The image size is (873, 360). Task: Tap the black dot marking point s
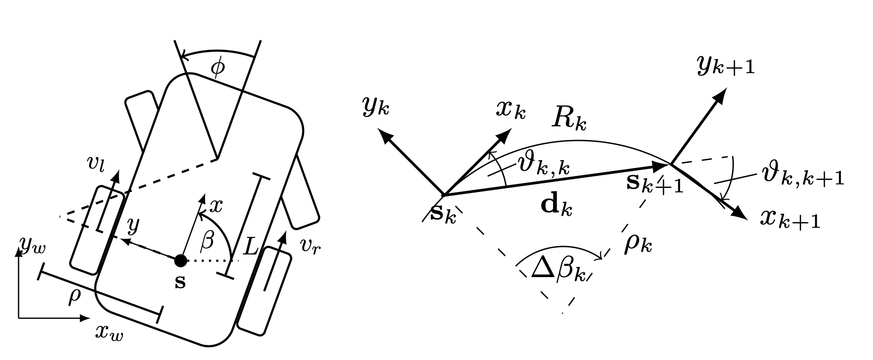pyautogui.click(x=180, y=261)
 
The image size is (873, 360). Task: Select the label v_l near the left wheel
pyautogui.click(x=97, y=164)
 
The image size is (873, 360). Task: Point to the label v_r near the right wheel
pyautogui.click(x=310, y=245)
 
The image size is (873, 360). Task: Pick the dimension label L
pyautogui.click(x=250, y=248)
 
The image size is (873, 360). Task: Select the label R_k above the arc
pyautogui.click(x=569, y=119)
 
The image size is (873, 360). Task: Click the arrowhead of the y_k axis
pyautogui.click(x=384, y=135)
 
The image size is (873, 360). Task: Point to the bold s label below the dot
pyautogui.click(x=180, y=282)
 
